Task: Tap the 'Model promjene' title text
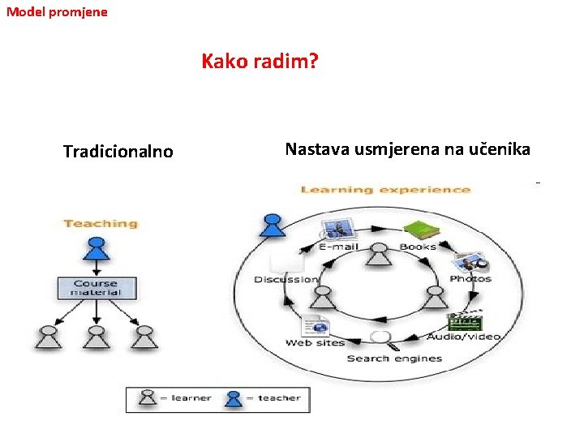[x=57, y=12]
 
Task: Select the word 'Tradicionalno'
[x=118, y=152]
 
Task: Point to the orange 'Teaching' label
[x=101, y=223]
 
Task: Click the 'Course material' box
[x=97, y=288]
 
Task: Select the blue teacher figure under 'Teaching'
[x=97, y=246]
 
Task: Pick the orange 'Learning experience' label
[x=385, y=190]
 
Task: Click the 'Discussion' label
[x=286, y=279]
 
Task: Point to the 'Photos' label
[x=470, y=278]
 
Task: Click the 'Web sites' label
[x=316, y=343]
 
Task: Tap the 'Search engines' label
[x=394, y=359]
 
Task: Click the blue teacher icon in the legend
[x=234, y=398]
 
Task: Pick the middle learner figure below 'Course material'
[x=97, y=336]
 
